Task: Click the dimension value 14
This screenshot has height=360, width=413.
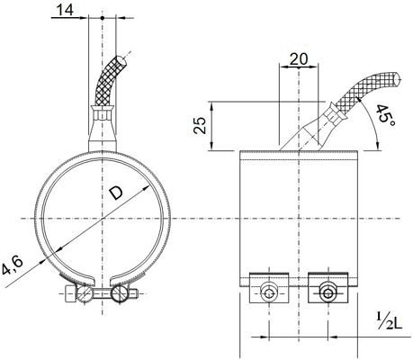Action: point(65,10)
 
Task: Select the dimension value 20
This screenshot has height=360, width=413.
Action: point(299,59)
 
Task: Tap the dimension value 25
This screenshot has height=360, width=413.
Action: point(200,125)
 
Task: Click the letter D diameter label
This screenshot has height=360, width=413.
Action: point(115,193)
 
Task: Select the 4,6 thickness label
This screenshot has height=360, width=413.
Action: point(12,265)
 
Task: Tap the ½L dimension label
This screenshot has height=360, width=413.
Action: point(389,320)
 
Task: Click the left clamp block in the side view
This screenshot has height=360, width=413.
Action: point(269,288)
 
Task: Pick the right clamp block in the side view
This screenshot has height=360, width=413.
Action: point(328,288)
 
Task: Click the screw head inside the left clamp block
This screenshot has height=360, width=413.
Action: point(269,293)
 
